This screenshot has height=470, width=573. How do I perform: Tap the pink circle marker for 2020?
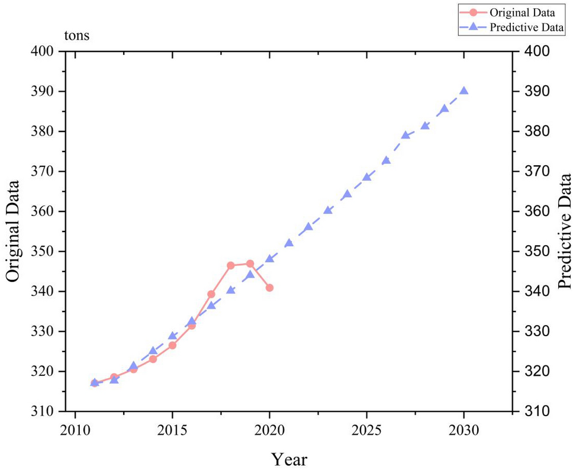(269, 288)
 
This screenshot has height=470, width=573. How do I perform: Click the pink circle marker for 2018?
(231, 265)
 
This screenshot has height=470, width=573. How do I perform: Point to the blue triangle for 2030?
(464, 91)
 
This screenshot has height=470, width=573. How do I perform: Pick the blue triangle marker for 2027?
(405, 135)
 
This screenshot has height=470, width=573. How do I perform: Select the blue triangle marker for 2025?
(367, 177)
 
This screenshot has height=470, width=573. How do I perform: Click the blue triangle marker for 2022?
(308, 227)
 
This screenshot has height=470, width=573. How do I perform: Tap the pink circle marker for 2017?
(211, 294)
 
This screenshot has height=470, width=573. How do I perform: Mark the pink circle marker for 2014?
(153, 359)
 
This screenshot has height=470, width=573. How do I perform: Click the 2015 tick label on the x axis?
(172, 428)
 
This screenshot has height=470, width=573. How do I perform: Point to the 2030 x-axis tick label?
(464, 428)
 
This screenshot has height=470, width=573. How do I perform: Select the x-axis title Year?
(289, 459)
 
